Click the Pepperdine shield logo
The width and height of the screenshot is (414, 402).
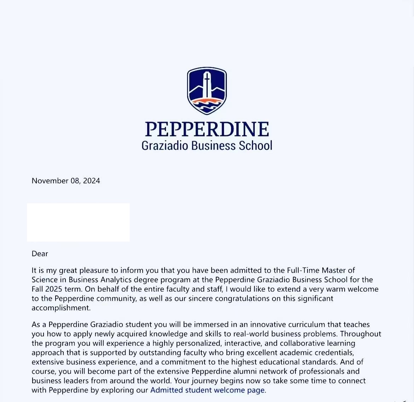click(207, 91)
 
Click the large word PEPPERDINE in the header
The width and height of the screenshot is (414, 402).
click(207, 129)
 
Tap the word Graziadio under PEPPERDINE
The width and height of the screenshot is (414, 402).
click(165, 145)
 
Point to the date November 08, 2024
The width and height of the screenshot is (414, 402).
click(66, 181)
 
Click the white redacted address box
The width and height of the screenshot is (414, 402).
click(78, 222)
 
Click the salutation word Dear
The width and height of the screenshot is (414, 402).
click(40, 254)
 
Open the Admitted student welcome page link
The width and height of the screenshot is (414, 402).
click(207, 390)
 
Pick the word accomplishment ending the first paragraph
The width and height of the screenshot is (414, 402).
click(61, 308)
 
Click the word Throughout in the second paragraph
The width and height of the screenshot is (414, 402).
click(361, 334)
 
